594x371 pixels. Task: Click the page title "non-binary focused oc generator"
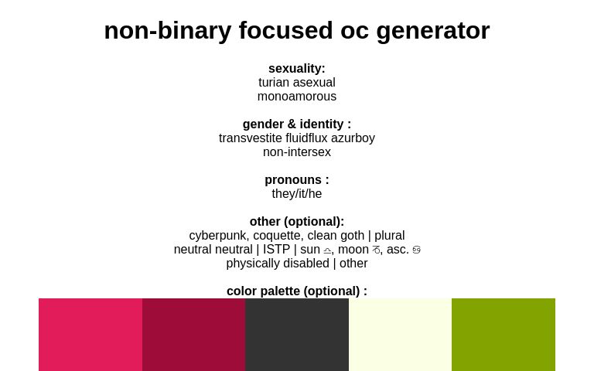coord(297,30)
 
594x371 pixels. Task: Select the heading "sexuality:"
coord(297,69)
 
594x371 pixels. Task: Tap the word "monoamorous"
coord(297,97)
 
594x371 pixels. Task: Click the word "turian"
coord(274,83)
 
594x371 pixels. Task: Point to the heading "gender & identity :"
coord(297,124)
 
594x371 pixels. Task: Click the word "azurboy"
coord(353,138)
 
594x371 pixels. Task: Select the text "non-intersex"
coord(297,152)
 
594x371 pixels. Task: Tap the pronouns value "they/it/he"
coord(297,194)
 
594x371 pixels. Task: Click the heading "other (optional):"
coord(297,222)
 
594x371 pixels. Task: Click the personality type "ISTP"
coord(276,250)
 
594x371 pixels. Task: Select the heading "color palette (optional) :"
coord(297,291)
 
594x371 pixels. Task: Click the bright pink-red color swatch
coord(90,335)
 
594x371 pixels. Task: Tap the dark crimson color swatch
coord(193,335)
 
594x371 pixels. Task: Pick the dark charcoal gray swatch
coord(297,335)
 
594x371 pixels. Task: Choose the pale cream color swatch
coord(400,335)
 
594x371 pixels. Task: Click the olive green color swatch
coord(504,335)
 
